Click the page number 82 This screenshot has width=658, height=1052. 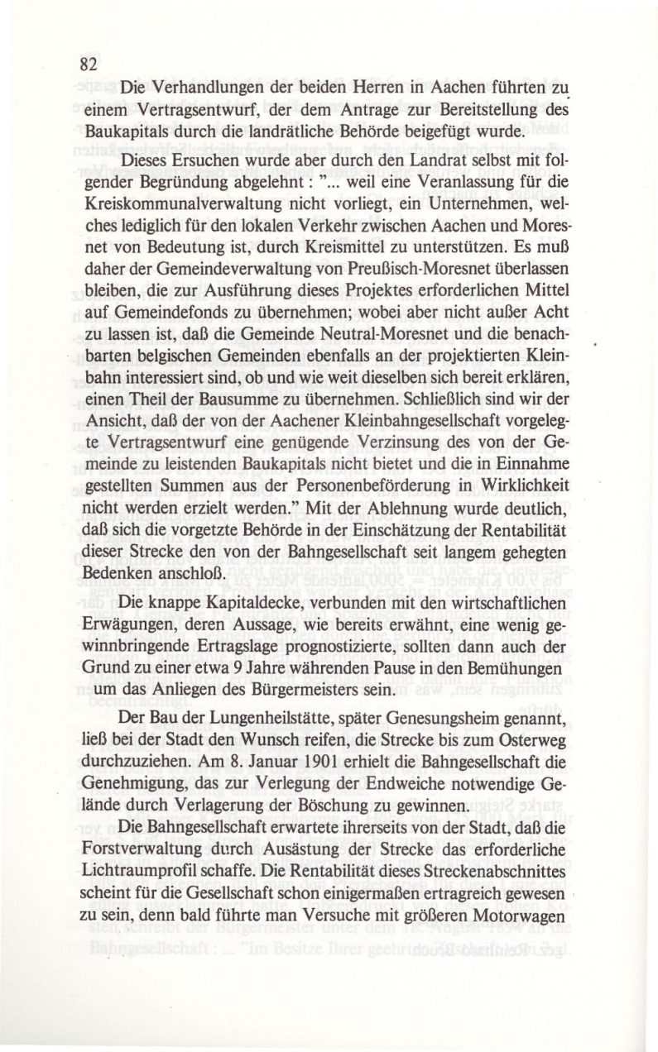tap(89, 65)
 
